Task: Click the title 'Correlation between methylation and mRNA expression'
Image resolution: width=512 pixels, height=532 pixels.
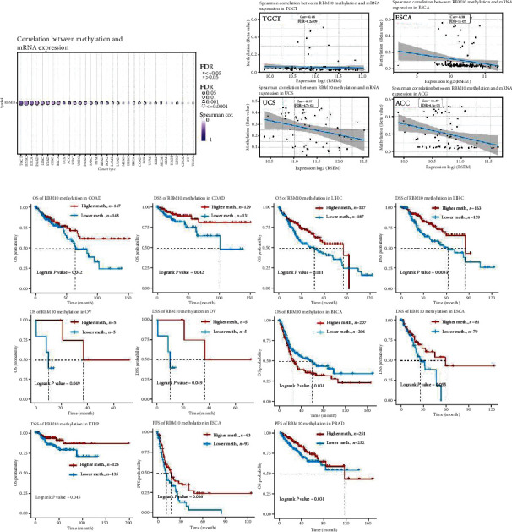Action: (74, 64)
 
